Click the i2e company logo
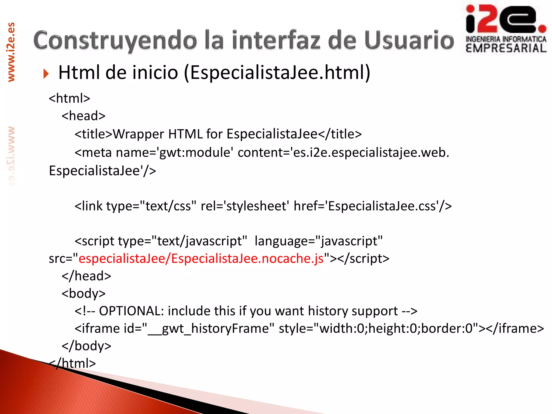[506, 28]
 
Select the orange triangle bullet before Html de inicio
[46, 74]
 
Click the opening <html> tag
[69, 98]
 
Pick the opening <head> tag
[83, 116]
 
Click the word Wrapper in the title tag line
[138, 134]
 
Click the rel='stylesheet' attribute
[245, 206]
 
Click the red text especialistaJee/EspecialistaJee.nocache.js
[201, 258]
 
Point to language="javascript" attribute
[318, 241]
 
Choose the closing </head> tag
[86, 276]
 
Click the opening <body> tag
[83, 294]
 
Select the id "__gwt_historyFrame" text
[210, 329]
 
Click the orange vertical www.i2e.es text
[11, 52]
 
